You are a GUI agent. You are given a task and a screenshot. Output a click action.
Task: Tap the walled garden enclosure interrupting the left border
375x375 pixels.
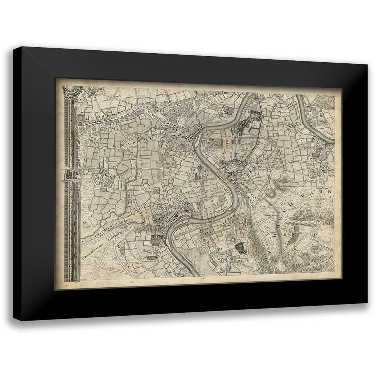click(72, 174)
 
